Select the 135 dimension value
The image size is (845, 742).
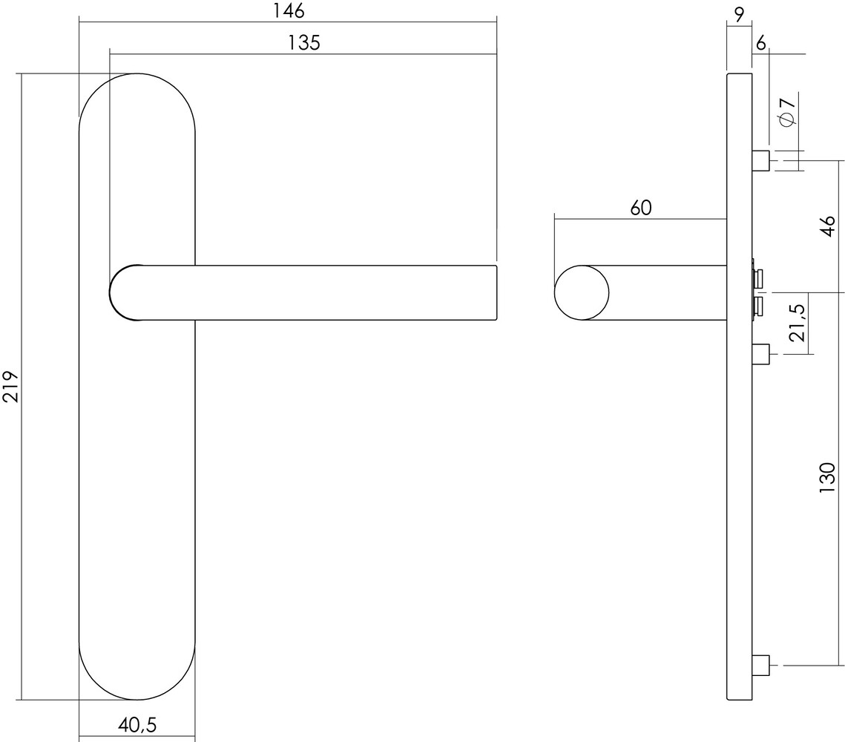tap(303, 43)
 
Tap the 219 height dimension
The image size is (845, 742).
tap(10, 386)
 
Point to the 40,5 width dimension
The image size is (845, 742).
tap(137, 723)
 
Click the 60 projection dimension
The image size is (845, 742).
tap(641, 209)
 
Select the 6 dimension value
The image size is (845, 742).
tap(760, 43)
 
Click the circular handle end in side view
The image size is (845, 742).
tap(582, 292)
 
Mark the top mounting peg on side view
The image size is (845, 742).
tap(760, 160)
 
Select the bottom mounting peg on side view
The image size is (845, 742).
tap(760, 665)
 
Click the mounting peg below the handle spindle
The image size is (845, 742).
tap(760, 354)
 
